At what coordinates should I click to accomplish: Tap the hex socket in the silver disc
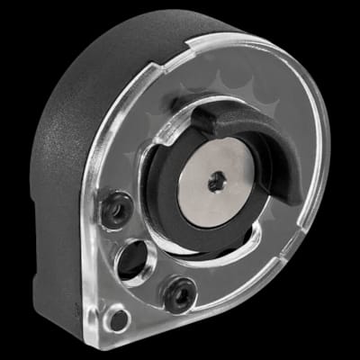click(218, 184)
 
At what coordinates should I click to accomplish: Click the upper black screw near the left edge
click(116, 210)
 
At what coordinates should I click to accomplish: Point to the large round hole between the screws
click(135, 260)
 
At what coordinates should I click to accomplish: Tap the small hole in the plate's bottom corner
click(114, 319)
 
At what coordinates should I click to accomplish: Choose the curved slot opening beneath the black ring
click(207, 257)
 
